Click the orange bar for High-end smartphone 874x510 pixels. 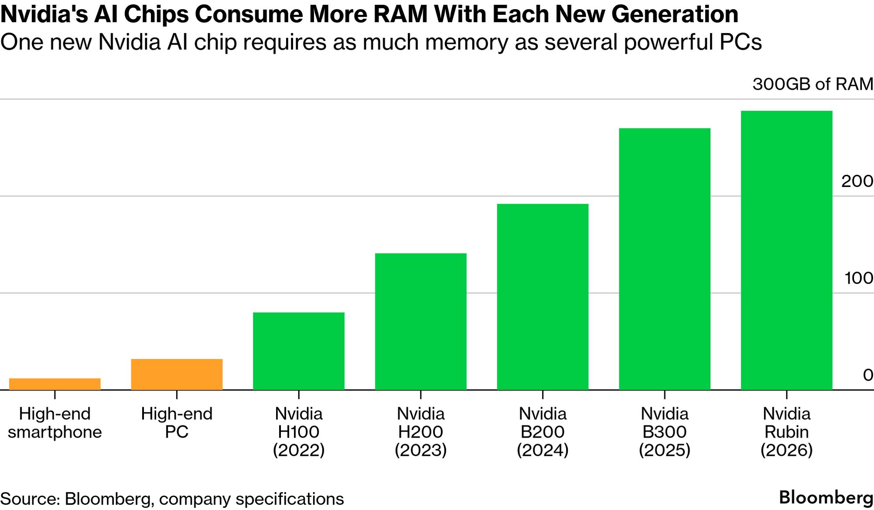coord(55,384)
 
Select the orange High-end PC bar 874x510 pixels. coord(177,374)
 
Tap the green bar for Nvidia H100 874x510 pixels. coord(299,351)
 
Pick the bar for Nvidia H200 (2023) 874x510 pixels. coord(421,321)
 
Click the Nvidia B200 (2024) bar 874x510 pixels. coord(543,296)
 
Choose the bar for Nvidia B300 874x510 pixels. coord(665,259)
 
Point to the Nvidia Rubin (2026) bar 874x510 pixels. coord(787,250)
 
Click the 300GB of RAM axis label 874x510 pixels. coord(813,84)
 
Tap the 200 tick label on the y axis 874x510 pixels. coord(857,181)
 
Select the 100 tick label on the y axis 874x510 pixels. coord(858,278)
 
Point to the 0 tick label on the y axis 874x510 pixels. coord(868,375)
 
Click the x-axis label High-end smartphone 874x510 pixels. coord(55,423)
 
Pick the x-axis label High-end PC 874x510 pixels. coord(177,423)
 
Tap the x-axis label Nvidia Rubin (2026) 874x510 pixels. coord(787,432)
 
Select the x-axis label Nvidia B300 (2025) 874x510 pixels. coord(665,432)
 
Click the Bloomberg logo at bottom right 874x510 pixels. coord(826,498)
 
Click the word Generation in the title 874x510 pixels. coord(675,14)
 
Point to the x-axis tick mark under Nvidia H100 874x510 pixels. coord(299,395)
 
